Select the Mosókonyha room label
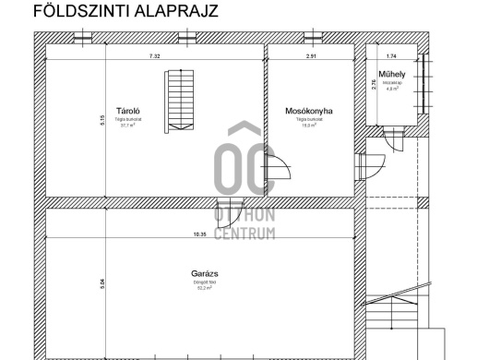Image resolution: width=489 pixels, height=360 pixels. (309, 110)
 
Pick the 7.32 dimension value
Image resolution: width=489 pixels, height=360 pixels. (154, 56)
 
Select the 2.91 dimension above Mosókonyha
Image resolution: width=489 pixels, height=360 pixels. (312, 56)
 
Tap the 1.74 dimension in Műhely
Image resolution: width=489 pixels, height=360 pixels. (391, 56)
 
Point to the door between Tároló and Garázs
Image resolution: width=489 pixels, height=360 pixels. (224, 210)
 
